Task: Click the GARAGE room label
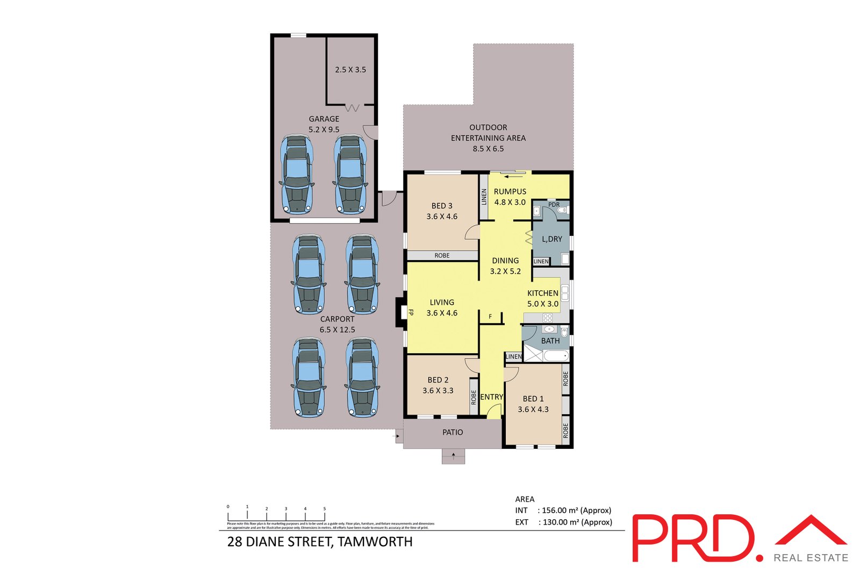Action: coord(324,119)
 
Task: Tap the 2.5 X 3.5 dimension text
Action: coord(350,69)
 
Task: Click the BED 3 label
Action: coord(442,206)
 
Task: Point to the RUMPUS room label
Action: coord(510,191)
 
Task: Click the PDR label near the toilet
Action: coord(554,205)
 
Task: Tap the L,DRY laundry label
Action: coord(552,239)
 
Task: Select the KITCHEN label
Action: coord(542,293)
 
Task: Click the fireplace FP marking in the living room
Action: coord(411,312)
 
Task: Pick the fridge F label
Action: coord(490,317)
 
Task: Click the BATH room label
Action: coord(550,341)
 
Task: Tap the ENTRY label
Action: coord(491,397)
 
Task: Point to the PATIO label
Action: coord(453,432)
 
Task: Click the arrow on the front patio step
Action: coord(454,457)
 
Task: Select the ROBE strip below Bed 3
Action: coord(442,255)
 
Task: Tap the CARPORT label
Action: coord(337,319)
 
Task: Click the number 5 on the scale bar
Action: coord(325,508)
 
